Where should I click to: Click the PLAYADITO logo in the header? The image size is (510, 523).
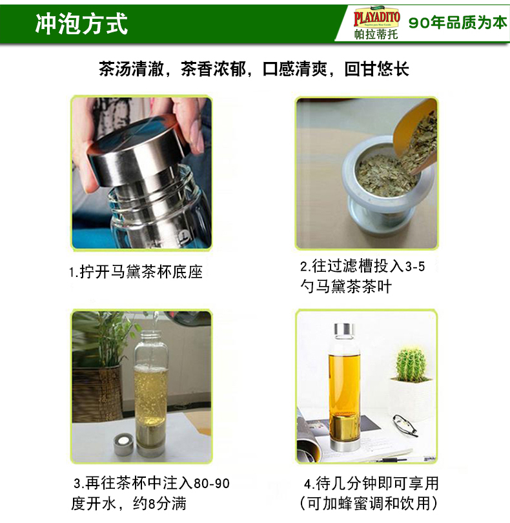376,17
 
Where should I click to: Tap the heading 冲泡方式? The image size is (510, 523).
81,24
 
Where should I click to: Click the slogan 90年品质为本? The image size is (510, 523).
458,23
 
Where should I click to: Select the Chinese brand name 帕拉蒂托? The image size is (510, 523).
376,34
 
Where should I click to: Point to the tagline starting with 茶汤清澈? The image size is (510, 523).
254,69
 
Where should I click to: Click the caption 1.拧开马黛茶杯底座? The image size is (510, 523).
136,272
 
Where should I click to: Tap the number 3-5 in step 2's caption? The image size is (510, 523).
415,267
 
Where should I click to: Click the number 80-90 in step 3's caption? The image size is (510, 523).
212,484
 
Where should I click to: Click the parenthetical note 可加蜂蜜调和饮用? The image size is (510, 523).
369,504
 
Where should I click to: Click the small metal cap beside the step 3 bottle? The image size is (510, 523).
125,444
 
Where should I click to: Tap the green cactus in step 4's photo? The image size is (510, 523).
411,364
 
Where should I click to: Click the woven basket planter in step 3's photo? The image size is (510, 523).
97,394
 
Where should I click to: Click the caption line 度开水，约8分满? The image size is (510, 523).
129,504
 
